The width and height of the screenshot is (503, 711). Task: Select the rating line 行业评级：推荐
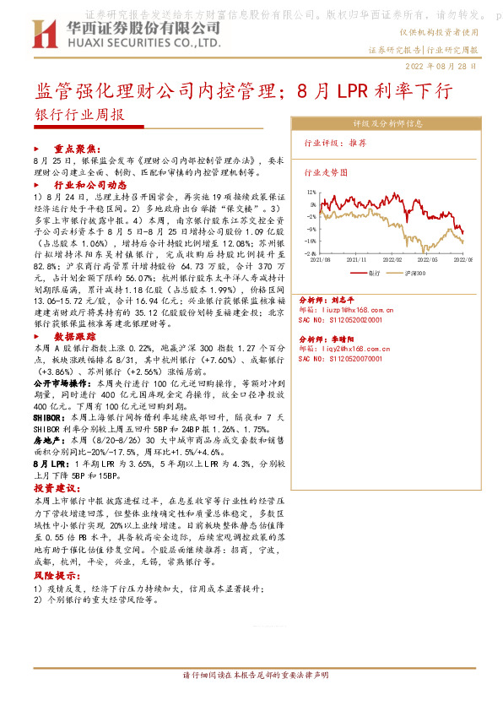coord(335,144)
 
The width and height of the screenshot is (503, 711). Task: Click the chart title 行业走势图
coord(325,171)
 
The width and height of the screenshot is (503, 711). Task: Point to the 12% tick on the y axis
coord(311,192)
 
